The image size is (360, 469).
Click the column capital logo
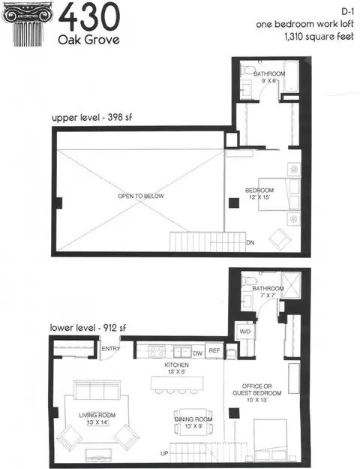click(27, 25)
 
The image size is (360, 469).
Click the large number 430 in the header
click(89, 17)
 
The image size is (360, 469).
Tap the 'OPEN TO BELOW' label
click(141, 196)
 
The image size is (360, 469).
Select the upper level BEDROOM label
click(259, 191)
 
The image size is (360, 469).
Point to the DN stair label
click(250, 242)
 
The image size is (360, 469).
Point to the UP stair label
click(164, 453)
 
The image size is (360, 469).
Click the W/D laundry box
click(245, 332)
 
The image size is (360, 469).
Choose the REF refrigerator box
click(214, 350)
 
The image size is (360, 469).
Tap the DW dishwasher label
click(198, 353)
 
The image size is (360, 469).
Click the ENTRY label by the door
click(111, 349)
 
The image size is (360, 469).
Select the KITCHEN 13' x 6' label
click(177, 368)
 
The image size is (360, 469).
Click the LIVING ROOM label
click(97, 415)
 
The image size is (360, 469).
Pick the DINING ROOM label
click(193, 419)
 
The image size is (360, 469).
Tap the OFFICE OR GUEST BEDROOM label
click(256, 389)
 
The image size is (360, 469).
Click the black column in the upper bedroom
click(234, 203)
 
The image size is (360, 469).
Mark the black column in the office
click(234, 413)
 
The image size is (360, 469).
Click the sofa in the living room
click(97, 389)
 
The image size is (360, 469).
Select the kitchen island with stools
click(177, 385)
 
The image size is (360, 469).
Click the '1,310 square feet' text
click(319, 37)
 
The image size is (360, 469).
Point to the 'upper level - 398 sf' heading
click(91, 117)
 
